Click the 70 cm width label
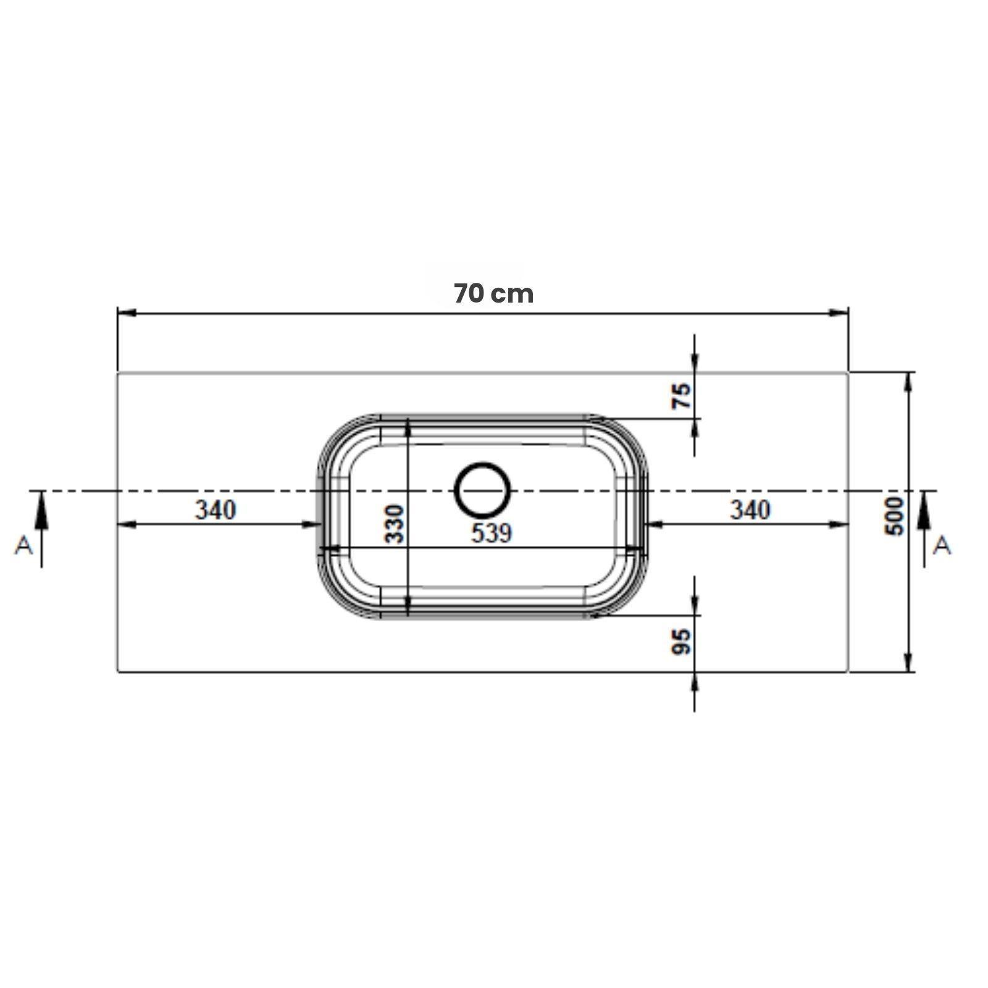[493, 293]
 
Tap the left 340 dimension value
[216, 510]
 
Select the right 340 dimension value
[750, 510]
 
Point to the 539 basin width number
[492, 533]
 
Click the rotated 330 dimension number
[394, 524]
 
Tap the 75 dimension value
[682, 396]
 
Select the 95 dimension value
[681, 642]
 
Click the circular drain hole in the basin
[483, 490]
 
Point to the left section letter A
[23, 545]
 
